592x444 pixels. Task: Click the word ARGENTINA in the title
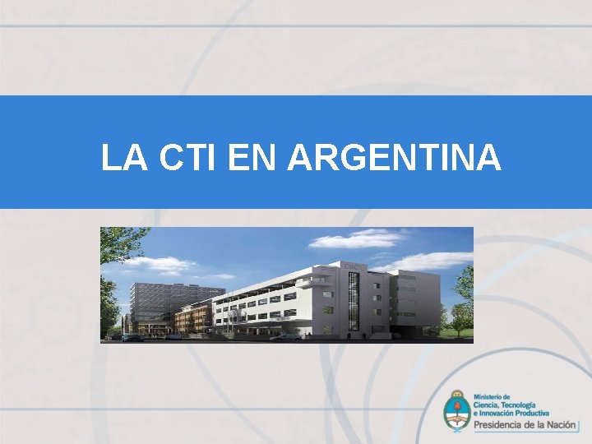coord(394,158)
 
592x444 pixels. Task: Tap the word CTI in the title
coord(190,158)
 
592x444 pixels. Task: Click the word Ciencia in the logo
coord(486,405)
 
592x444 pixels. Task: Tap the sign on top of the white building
coord(354,267)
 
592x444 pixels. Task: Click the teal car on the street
coord(132,336)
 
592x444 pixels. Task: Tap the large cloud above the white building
coord(358,239)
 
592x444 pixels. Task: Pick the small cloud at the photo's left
coord(160,265)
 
